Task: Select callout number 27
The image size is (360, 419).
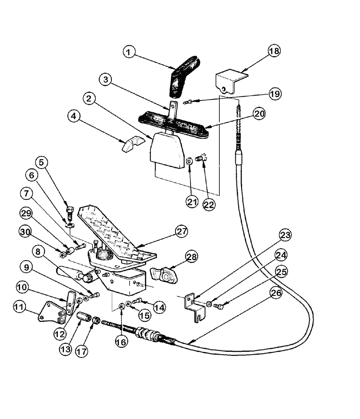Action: pos(182,231)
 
